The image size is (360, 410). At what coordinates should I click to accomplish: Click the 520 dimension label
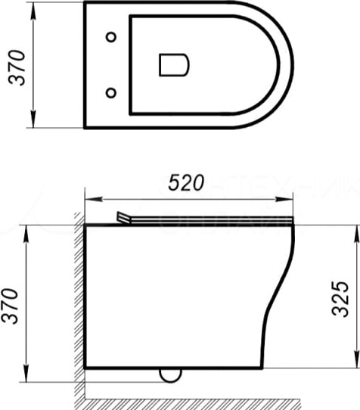(186, 183)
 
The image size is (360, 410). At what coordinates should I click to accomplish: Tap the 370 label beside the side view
(11, 305)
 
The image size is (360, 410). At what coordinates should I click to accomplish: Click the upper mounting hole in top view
(112, 36)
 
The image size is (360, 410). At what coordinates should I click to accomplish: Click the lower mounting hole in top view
(112, 92)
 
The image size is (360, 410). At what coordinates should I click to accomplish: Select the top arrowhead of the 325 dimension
(355, 229)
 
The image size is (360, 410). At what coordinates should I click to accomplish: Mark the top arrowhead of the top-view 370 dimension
(33, 7)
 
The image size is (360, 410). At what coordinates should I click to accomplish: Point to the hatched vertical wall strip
(79, 303)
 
